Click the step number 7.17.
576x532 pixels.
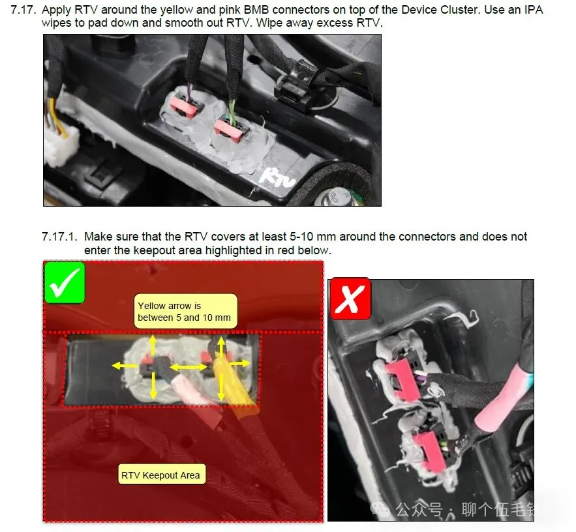(x=23, y=10)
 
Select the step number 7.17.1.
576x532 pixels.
(x=59, y=237)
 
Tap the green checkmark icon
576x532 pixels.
(x=65, y=283)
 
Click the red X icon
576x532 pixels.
(x=350, y=299)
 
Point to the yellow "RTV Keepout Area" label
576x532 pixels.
(x=161, y=475)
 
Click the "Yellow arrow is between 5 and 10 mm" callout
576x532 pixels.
(x=185, y=312)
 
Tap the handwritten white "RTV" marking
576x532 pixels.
(x=277, y=178)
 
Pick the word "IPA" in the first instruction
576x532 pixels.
(x=533, y=10)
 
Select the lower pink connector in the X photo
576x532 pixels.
(x=429, y=451)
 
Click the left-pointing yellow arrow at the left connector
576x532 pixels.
(x=125, y=365)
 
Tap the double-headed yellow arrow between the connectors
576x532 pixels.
(x=189, y=367)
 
